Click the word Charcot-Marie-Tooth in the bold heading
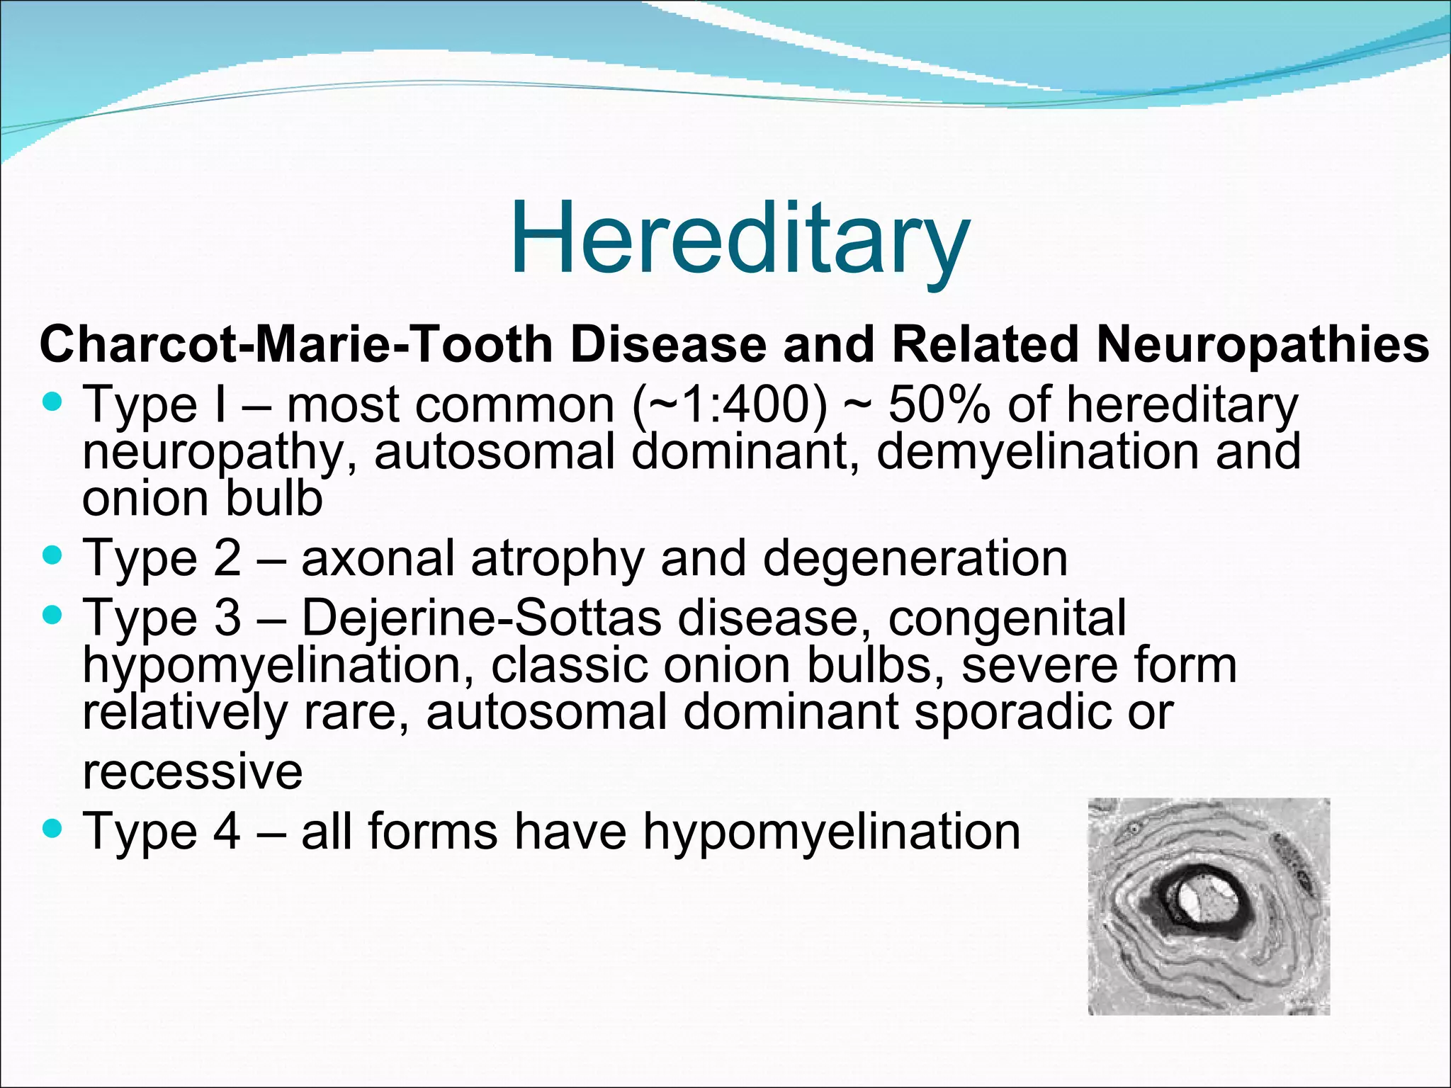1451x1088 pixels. point(295,345)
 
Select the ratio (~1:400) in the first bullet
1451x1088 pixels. point(729,405)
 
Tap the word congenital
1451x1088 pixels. point(1007,618)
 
